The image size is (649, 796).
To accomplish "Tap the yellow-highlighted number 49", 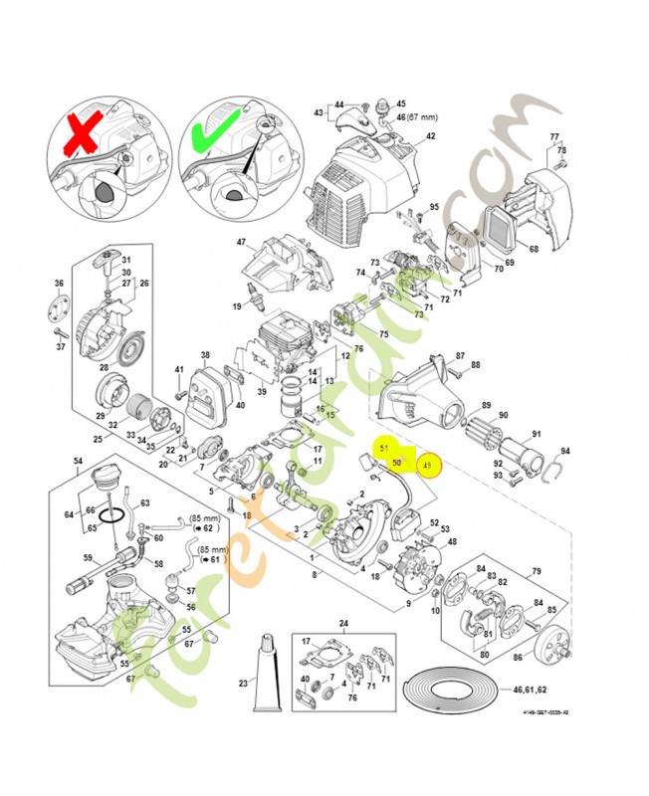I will click(x=428, y=465).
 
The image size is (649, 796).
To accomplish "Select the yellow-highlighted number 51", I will click(x=384, y=449).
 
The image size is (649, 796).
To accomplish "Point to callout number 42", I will click(x=431, y=136).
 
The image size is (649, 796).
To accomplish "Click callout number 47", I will click(x=241, y=242).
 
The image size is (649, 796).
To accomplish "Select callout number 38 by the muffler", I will click(x=205, y=354).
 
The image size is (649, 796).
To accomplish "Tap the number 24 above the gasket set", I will click(x=344, y=624).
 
